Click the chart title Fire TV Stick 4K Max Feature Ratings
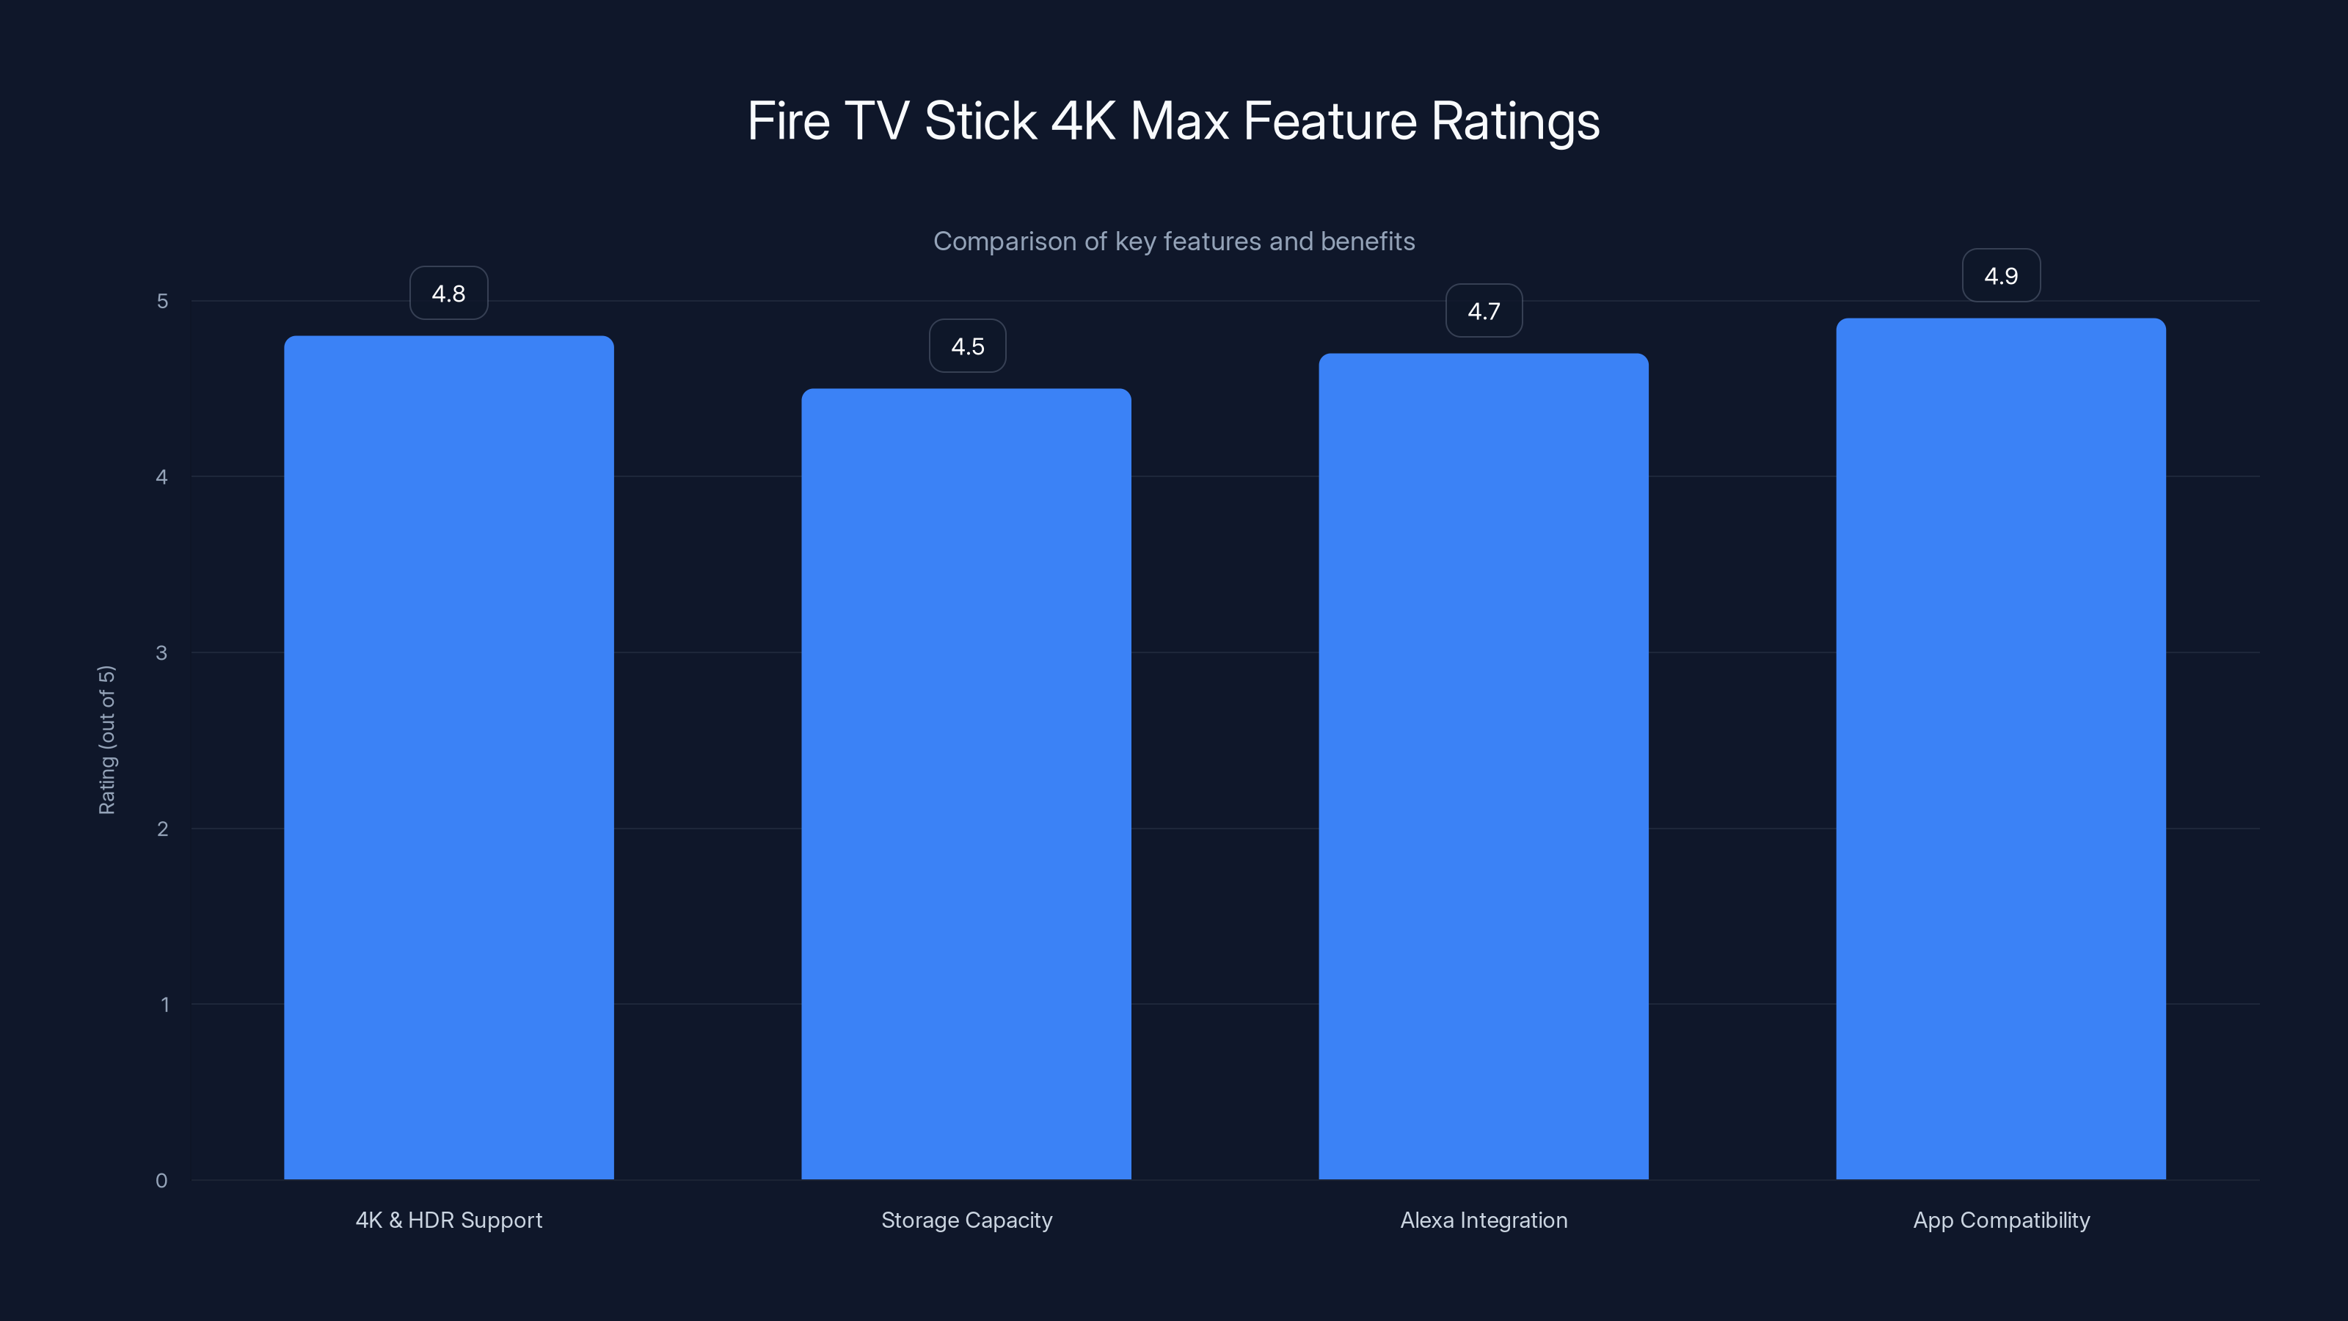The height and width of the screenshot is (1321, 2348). tap(1173, 121)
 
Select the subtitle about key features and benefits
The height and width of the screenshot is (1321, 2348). tap(1173, 241)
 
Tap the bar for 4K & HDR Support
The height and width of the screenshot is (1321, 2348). tap(448, 757)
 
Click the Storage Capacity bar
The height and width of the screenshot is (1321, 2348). tap(966, 784)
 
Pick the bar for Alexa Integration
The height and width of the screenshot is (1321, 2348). tap(1483, 765)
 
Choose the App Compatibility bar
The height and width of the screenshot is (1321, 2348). tap(2001, 748)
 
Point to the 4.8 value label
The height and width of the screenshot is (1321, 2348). tap(448, 294)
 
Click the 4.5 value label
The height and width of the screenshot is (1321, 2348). tap(967, 346)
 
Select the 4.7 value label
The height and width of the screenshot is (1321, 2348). tap(1484, 312)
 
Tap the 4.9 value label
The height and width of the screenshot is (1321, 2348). tap(2001, 276)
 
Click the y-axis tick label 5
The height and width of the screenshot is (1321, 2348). tap(162, 302)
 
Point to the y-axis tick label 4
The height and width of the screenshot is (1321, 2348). tap(162, 478)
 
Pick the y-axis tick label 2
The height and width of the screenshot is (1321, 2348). tap(162, 829)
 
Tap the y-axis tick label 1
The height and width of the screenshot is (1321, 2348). tap(164, 1005)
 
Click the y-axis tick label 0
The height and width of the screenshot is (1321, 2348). tap(161, 1182)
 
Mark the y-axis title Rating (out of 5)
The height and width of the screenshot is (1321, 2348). tap(106, 739)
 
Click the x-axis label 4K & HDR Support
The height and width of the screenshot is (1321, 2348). tap(448, 1220)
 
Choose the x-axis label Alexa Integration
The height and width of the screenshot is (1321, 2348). tap(1484, 1220)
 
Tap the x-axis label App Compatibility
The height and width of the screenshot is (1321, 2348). tap(2001, 1220)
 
